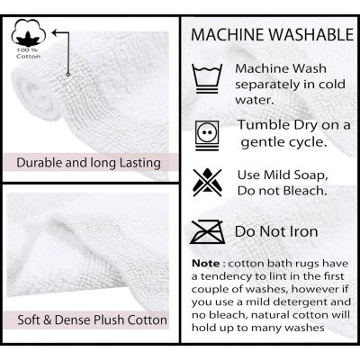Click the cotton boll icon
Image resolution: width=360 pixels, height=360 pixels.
pyautogui.click(x=29, y=32)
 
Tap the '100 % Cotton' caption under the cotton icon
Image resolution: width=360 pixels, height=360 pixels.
pyautogui.click(x=29, y=53)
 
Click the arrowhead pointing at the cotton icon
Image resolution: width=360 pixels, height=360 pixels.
pyautogui.click(x=55, y=32)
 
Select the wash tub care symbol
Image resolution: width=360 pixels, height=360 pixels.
pyautogui.click(x=207, y=78)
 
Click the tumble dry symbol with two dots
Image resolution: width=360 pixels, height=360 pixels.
pyautogui.click(x=207, y=135)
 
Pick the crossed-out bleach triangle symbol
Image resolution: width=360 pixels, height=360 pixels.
pyautogui.click(x=207, y=183)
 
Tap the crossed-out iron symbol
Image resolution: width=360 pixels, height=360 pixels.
pyautogui.click(x=208, y=231)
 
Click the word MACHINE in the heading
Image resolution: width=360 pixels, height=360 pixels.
pyautogui.click(x=229, y=34)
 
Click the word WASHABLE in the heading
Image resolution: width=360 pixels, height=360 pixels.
pyautogui.click(x=311, y=34)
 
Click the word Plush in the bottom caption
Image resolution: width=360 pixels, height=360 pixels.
pyautogui.click(x=109, y=319)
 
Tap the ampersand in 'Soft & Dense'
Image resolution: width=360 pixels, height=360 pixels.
pyautogui.click(x=48, y=319)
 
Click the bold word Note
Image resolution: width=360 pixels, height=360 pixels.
pyautogui.click(x=206, y=264)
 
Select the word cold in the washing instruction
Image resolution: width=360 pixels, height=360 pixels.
pyautogui.click(x=331, y=84)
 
